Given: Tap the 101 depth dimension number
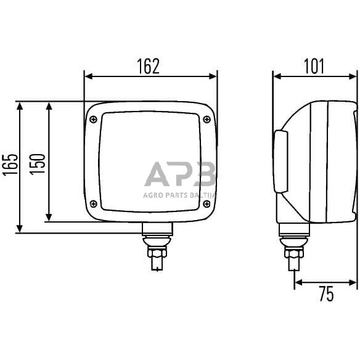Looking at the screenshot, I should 314,66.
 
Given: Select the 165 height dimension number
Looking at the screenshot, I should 10,167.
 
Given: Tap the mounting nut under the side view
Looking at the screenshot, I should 293,253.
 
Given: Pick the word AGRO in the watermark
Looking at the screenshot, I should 152,195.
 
